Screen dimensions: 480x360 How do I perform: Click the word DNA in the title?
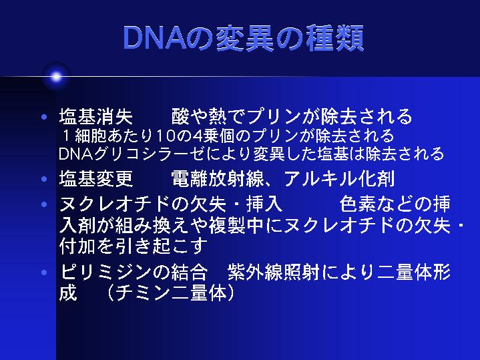pos(155,38)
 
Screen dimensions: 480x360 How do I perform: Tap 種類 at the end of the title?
pos(334,38)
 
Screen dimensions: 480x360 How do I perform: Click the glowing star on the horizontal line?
pos(56,77)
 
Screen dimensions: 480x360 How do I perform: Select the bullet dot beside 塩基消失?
pos(44,117)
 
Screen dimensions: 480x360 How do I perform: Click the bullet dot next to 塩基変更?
pos(44,178)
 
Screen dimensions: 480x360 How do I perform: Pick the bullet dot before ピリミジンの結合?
pos(44,272)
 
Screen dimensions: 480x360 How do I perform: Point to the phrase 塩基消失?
pos(96,116)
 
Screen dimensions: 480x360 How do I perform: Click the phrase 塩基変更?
pos(96,178)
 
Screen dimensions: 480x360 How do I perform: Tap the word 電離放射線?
pos(217,178)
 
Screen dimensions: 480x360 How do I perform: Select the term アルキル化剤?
pos(339,178)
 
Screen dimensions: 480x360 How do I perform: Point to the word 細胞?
pos(91,136)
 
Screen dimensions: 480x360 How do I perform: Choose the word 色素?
pos(358,204)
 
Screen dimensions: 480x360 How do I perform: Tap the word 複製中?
pos(236,226)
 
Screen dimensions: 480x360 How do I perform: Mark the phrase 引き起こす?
pos(162,246)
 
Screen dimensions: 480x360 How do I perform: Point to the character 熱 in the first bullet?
pos(217,116)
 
